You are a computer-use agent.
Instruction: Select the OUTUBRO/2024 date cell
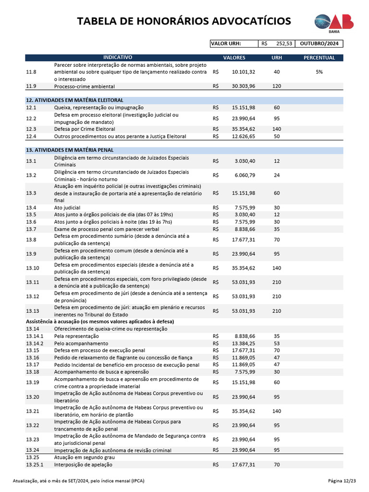(x=319, y=44)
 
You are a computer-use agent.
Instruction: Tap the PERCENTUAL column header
(x=319, y=58)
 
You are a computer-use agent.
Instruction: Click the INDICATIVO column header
(x=118, y=58)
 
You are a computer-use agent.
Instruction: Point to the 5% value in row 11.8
(x=319, y=72)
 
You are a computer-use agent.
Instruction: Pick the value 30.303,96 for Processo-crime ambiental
(x=243, y=86)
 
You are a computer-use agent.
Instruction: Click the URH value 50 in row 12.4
(x=277, y=136)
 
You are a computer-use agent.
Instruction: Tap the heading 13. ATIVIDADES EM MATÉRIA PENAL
(x=69, y=150)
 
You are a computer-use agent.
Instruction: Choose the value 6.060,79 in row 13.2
(x=245, y=175)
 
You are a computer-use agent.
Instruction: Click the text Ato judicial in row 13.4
(x=67, y=208)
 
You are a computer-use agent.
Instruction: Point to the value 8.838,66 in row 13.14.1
(x=245, y=336)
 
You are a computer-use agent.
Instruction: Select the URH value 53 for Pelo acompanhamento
(x=277, y=344)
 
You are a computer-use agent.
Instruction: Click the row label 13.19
(x=31, y=382)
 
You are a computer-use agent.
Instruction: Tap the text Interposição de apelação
(x=84, y=465)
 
